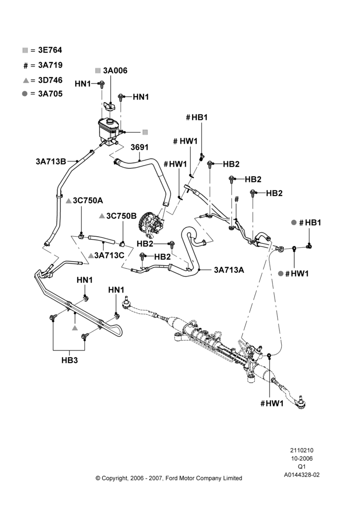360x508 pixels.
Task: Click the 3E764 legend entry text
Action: [x=50, y=50]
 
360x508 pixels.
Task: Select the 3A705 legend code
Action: [x=50, y=94]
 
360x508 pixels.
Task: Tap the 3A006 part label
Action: [x=115, y=71]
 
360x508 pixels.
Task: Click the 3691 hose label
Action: [x=139, y=147]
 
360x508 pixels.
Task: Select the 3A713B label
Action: [x=51, y=162]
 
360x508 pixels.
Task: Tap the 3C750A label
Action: [x=87, y=201]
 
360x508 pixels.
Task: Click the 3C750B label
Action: [x=122, y=216]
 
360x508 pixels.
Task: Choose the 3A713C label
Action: [x=109, y=256]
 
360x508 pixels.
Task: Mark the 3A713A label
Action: [x=229, y=270]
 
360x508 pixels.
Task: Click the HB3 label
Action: [x=70, y=360]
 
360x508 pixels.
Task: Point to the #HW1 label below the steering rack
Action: [x=272, y=403]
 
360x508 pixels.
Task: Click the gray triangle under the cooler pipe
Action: [x=75, y=328]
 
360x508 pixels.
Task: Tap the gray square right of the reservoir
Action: [x=145, y=132]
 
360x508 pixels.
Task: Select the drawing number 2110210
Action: [x=302, y=450]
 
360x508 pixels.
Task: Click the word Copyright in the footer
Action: [x=114, y=478]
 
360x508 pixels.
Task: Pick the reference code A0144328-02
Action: [x=302, y=475]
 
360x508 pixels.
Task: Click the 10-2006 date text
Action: [x=302, y=458]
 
